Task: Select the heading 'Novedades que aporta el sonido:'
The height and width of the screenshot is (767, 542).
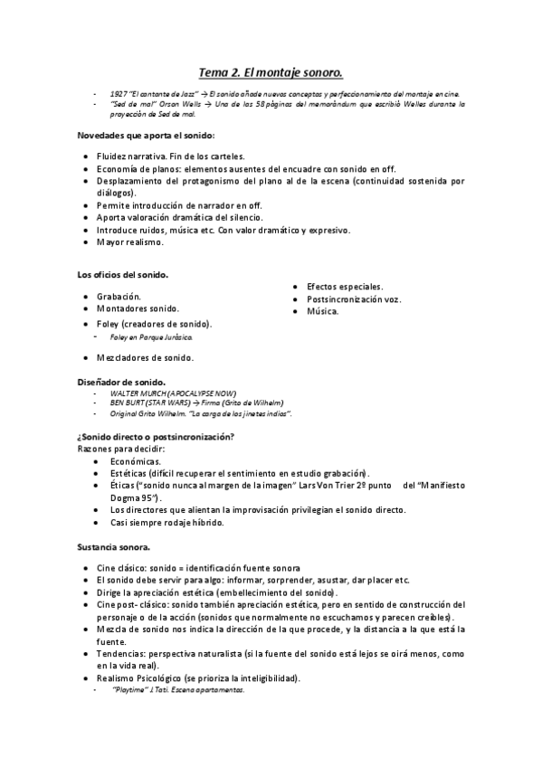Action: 145,136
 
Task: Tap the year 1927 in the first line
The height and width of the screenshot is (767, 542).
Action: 118,94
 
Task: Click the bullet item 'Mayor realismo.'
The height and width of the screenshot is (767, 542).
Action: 130,242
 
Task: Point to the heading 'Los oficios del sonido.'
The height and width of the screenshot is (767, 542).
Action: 120,275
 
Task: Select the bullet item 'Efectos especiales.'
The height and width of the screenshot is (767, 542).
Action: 344,286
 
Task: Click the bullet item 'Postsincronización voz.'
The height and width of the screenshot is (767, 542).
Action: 354,298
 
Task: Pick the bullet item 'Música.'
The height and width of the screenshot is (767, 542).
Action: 323,311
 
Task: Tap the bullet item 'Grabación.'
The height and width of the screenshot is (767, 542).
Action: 119,296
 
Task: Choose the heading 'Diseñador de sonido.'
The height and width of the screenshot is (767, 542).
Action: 120,383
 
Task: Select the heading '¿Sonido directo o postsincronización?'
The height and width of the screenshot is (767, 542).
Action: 156,438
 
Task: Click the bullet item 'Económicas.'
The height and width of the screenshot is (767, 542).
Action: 129,460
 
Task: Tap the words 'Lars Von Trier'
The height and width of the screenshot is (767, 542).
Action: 339,485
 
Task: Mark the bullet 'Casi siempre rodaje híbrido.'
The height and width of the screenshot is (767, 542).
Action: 160,522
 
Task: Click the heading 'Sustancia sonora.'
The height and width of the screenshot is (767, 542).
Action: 114,547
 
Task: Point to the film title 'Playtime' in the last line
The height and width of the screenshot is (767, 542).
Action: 129,689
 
